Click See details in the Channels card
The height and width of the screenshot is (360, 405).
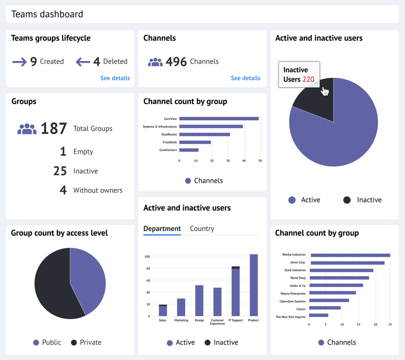(245, 78)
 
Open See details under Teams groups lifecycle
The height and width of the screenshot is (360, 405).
(115, 78)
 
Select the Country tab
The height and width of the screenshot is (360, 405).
(202, 229)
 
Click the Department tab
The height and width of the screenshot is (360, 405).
(162, 229)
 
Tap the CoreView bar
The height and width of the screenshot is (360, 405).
(219, 119)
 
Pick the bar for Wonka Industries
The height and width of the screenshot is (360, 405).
(350, 255)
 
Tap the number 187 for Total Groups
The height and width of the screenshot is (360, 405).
(54, 128)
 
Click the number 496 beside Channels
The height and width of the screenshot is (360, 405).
(176, 62)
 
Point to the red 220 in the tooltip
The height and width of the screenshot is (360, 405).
(308, 79)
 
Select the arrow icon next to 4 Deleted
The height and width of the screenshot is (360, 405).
(83, 62)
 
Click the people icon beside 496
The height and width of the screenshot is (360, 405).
(155, 62)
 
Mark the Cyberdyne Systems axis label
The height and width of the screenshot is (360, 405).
(292, 301)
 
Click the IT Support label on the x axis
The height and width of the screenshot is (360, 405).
(235, 320)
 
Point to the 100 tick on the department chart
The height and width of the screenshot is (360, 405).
(147, 257)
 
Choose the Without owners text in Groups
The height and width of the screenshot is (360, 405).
(98, 190)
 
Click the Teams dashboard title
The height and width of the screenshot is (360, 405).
(47, 14)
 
